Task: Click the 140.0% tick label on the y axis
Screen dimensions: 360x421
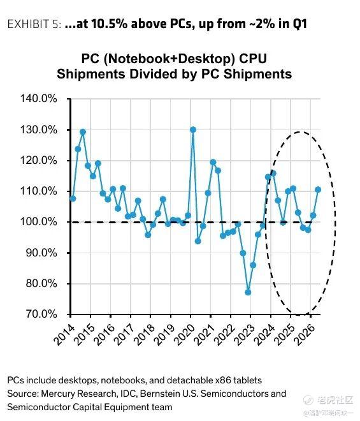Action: click(x=39, y=98)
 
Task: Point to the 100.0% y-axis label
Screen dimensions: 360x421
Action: click(x=39, y=222)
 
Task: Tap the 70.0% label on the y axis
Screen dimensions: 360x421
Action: click(x=41, y=314)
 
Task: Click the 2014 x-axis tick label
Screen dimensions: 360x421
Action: click(x=64, y=334)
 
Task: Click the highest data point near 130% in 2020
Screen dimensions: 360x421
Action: click(x=192, y=129)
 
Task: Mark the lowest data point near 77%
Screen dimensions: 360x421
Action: click(x=248, y=292)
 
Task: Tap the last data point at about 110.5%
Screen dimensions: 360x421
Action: click(x=318, y=189)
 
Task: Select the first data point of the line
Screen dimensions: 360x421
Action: click(x=73, y=198)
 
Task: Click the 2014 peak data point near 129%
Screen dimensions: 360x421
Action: click(x=83, y=132)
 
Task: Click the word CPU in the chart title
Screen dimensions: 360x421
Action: click(x=253, y=59)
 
